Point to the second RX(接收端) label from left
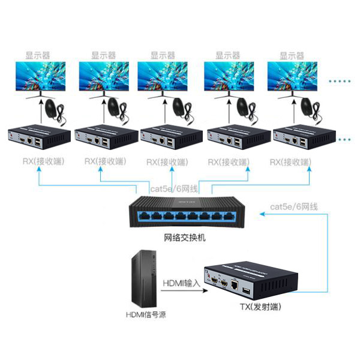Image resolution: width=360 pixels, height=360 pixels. pyautogui.click(x=104, y=161)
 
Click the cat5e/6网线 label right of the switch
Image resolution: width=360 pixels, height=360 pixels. pyautogui.click(x=294, y=207)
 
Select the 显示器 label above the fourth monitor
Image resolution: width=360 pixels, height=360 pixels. pyautogui.click(x=227, y=55)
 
